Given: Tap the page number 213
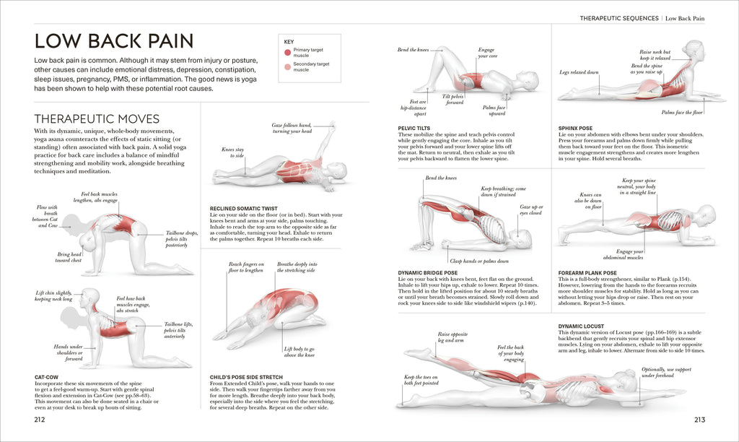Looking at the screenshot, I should coord(699,419).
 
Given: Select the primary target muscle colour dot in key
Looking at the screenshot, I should coord(288,52).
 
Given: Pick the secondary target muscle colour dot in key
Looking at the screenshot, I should coord(288,67).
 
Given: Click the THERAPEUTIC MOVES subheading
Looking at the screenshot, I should coord(97,118).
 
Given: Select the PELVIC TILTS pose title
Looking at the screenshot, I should coord(416,128).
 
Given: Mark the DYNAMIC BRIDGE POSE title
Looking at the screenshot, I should coord(428,273).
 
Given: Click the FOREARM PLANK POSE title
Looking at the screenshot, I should coord(588,273).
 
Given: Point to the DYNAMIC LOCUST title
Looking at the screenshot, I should coord(582,326).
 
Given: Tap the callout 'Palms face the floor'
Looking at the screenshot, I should coord(682,113).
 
